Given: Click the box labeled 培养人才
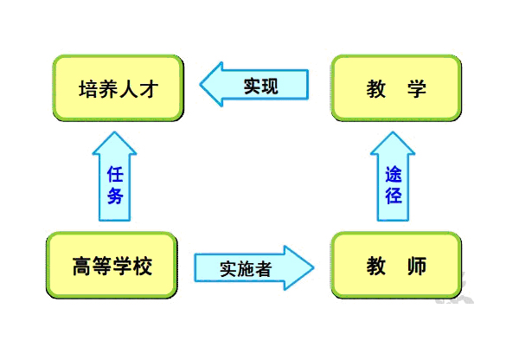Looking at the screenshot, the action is tap(119, 88).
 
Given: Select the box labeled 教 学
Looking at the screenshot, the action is tap(396, 88).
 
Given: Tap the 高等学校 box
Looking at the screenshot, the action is tap(112, 266).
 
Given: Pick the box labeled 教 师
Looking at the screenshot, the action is tap(396, 266).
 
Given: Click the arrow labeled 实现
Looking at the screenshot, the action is tap(253, 85).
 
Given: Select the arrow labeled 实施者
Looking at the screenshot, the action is tap(253, 268).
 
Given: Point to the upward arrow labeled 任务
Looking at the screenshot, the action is tap(114, 177).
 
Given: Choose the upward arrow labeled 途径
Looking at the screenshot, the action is tap(393, 177).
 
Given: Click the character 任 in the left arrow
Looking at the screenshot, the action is tap(115, 174).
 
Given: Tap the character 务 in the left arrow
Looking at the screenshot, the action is tap(115, 196).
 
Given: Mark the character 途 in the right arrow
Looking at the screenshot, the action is tap(394, 174).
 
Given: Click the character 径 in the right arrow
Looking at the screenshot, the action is tap(394, 196).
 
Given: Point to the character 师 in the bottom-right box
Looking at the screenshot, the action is tap(416, 266).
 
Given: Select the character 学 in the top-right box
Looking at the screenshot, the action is tap(416, 89).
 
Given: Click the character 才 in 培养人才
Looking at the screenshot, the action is tap(149, 89).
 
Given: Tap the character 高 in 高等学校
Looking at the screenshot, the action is tap(82, 266).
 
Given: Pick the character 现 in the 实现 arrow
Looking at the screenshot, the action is tap(270, 87).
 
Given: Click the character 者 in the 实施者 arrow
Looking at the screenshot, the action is tap(263, 268).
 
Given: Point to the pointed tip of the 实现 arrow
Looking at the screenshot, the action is tap(200, 84).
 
